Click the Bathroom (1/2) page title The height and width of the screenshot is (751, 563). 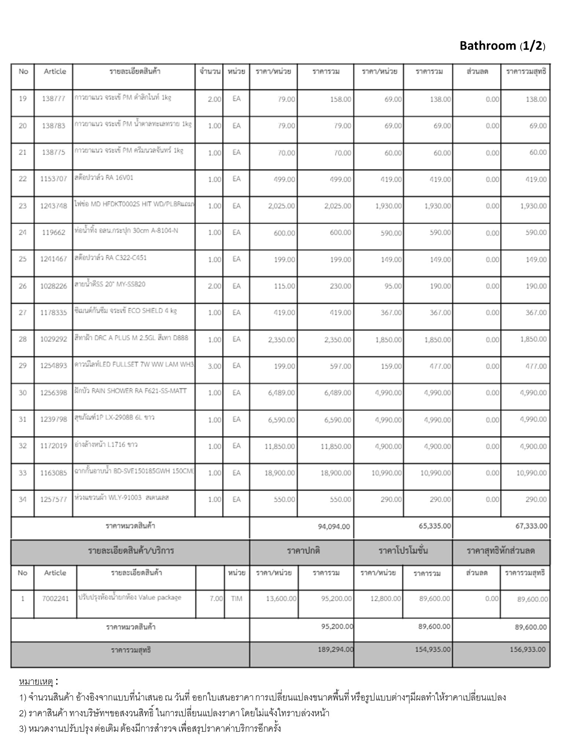point(502,46)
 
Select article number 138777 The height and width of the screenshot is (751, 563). point(54,99)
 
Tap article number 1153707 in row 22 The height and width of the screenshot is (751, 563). point(54,179)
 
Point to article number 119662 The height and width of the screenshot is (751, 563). point(54,232)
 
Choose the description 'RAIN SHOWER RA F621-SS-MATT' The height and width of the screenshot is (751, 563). point(130,391)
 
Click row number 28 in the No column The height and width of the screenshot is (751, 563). point(23,339)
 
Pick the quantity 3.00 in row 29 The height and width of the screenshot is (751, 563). point(214,366)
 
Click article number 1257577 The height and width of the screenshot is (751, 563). point(54,499)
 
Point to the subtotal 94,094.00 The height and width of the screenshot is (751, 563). point(334,527)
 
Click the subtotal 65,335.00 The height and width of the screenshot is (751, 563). point(435,526)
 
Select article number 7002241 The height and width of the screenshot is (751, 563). point(55,599)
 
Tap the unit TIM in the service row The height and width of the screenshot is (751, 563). point(236,599)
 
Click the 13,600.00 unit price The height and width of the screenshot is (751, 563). point(281,599)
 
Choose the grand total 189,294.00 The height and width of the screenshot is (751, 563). point(335,649)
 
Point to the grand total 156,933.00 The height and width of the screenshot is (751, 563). point(527,649)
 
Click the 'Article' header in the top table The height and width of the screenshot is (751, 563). point(55,72)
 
